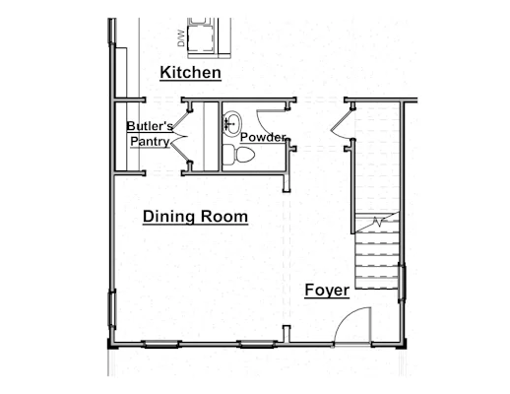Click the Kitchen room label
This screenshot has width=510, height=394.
click(190, 73)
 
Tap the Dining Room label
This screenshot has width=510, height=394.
click(195, 217)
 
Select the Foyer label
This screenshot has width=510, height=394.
click(327, 291)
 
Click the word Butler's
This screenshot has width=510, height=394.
click(150, 126)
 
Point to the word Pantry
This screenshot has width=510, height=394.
click(150, 142)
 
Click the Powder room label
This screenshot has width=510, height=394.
click(263, 137)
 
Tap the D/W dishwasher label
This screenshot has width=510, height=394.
click(181, 38)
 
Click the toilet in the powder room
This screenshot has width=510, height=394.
click(238, 155)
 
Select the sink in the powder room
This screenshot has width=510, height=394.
click(232, 123)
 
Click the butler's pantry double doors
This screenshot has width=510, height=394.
click(180, 136)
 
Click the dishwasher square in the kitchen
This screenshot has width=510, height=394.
click(201, 38)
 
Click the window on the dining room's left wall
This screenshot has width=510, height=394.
click(112, 309)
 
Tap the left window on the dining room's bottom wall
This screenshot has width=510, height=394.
click(161, 344)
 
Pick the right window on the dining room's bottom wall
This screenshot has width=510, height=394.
click(257, 344)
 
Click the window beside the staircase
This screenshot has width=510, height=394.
click(402, 283)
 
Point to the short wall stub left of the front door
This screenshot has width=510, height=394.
click(287, 334)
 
